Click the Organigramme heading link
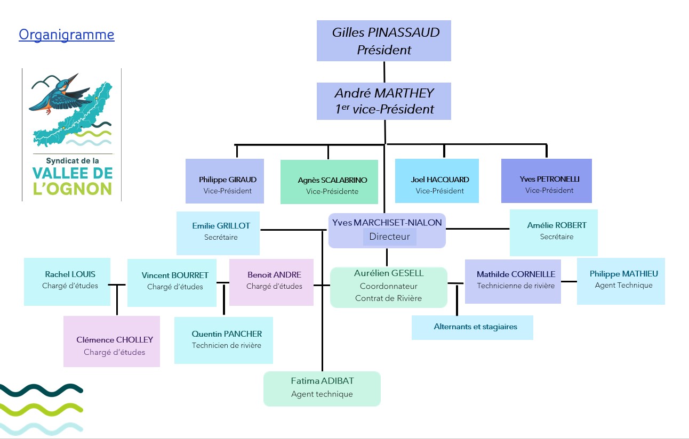tap(66, 35)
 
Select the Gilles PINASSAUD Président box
tap(384, 40)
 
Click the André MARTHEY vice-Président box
tap(384, 101)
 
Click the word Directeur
tap(389, 237)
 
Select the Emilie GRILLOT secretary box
tap(218, 232)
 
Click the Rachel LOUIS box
tap(67, 281)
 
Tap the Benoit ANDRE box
tap(271, 282)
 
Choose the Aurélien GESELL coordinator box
tap(388, 287)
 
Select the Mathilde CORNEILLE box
tap(513, 281)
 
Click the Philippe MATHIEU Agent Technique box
tap(621, 281)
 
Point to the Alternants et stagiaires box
tap(472, 327)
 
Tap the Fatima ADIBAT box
tap(322, 388)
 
